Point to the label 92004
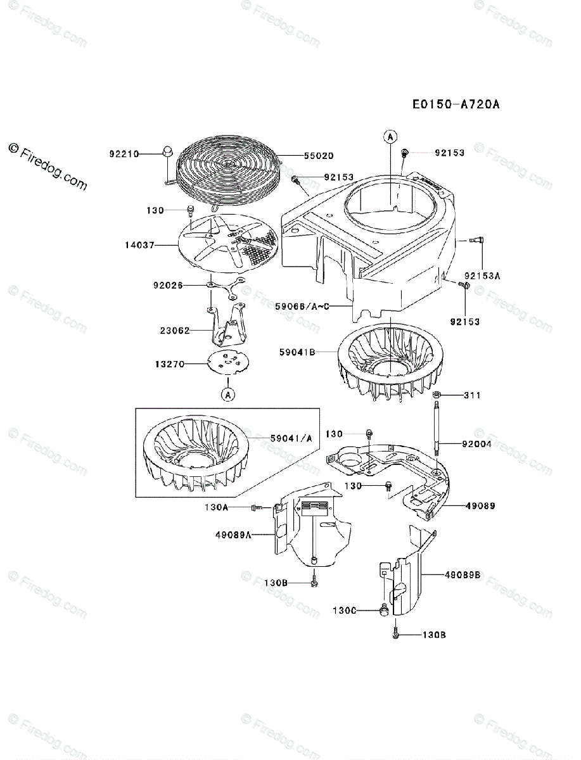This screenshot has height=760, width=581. coord(477,445)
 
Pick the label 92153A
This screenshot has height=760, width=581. coord(483,276)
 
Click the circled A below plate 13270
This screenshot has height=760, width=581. coord(227,395)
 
